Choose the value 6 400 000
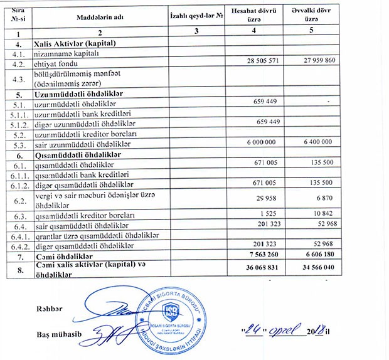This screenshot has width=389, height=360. [326, 143]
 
